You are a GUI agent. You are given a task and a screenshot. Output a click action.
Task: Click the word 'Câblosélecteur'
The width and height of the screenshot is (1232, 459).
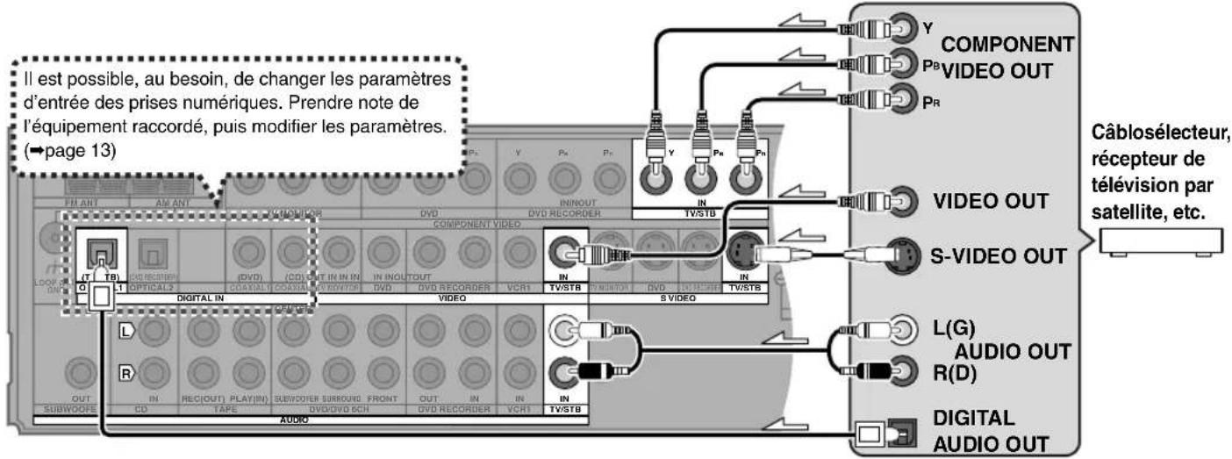pos(1158,138)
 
